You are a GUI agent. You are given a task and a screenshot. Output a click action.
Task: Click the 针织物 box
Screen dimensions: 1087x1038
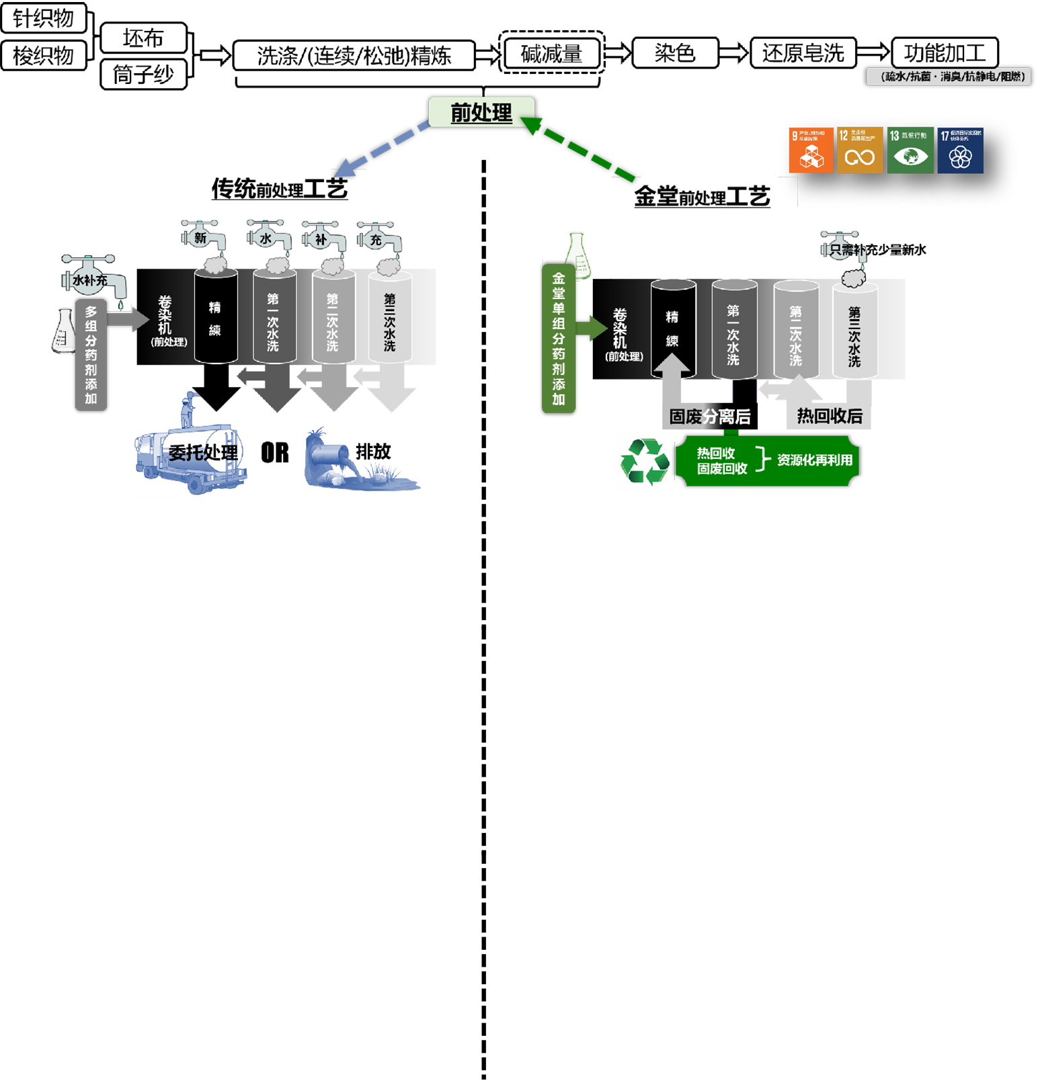click(x=44, y=17)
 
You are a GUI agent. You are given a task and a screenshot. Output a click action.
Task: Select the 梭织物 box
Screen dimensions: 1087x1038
click(x=44, y=56)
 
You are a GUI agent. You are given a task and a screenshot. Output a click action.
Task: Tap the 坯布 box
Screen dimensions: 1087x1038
click(x=143, y=38)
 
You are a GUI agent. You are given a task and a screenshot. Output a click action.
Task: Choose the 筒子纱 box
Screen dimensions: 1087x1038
click(x=143, y=74)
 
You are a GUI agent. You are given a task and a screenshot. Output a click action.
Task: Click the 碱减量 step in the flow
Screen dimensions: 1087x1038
click(x=551, y=54)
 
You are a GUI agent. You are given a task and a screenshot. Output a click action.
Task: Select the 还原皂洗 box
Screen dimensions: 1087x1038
click(x=803, y=53)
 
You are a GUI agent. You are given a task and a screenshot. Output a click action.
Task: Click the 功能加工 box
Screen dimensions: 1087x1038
click(x=945, y=53)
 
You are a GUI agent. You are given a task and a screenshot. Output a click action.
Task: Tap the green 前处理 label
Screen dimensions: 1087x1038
click(x=481, y=112)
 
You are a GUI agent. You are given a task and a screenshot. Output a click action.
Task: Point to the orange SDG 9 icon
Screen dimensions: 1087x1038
click(x=811, y=150)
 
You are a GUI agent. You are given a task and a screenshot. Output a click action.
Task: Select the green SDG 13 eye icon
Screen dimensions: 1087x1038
click(x=910, y=150)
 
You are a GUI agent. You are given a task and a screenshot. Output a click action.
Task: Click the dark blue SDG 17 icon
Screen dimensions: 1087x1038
click(x=961, y=150)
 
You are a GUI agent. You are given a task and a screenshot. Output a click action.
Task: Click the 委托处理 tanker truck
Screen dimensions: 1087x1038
click(x=192, y=454)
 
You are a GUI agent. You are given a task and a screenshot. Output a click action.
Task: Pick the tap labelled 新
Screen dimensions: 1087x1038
click(x=202, y=237)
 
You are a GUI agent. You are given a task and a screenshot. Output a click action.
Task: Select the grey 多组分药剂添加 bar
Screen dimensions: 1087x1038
click(x=91, y=355)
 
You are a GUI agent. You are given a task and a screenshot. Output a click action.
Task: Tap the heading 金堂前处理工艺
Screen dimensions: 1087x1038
click(x=702, y=197)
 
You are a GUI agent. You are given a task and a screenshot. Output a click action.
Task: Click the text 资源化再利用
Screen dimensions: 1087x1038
click(x=815, y=460)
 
